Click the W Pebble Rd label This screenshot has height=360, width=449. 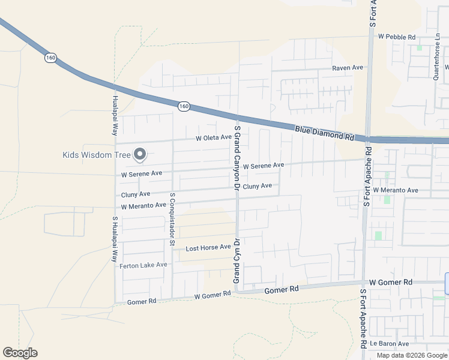tap(396, 37)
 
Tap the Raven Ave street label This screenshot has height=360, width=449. tap(348, 68)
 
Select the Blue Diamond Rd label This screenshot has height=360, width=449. tap(324, 133)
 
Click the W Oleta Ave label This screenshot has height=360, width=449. tap(213, 137)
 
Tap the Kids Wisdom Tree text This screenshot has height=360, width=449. tap(96, 155)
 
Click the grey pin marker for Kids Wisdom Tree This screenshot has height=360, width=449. tap(140, 155)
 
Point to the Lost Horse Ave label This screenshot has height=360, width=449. tap(208, 247)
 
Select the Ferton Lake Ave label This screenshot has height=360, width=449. tap(143, 265)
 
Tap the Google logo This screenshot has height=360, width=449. tap(20, 353)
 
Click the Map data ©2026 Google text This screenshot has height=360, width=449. tap(412, 355)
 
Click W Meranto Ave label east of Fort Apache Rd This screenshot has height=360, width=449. tap(396, 190)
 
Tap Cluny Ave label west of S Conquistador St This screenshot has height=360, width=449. tap(136, 194)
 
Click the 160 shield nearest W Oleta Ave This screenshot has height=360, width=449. tap(184, 106)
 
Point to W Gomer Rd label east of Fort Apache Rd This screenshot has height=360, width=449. tap(391, 282)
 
